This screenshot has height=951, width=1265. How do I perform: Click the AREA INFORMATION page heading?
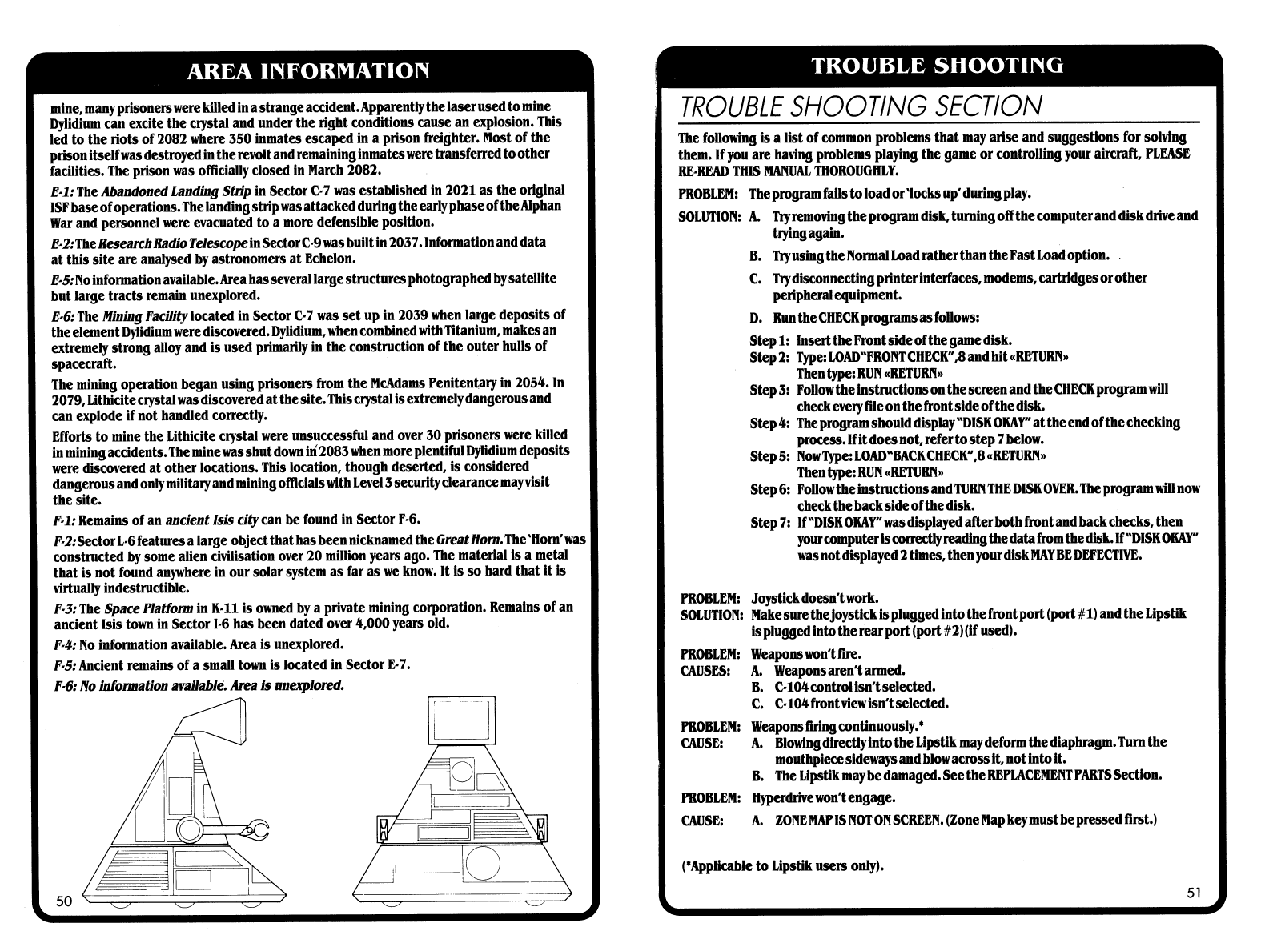point(308,71)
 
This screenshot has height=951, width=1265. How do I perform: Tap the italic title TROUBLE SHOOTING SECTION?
point(860,106)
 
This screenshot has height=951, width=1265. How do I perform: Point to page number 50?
point(64,901)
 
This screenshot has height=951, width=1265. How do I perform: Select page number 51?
point(1194,893)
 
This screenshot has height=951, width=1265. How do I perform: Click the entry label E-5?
point(64,279)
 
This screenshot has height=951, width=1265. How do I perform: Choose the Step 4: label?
point(770,423)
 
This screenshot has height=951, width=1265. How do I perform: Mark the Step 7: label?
point(770,523)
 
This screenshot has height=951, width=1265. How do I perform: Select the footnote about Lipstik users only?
point(781,865)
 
